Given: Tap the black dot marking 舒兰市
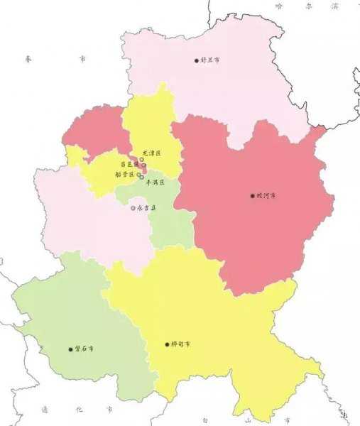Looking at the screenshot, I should pos(197,60).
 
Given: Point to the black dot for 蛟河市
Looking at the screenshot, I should pos(251,195).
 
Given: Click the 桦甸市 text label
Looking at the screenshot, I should pos(181,344).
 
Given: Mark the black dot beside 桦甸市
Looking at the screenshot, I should pos(166,344).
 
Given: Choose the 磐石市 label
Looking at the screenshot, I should pos(84,349).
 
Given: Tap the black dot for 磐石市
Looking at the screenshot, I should pos(70,349).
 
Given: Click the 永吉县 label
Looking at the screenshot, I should pos(146,208).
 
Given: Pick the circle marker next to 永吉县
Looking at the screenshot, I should pos(133,208).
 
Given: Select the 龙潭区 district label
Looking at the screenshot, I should pos(152,153).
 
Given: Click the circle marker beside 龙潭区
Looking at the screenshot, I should pos(141,160).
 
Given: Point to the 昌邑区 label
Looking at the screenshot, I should pos(129,164).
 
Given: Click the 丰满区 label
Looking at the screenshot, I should pos(155,182).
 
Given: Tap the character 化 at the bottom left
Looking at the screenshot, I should pos(78,410).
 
